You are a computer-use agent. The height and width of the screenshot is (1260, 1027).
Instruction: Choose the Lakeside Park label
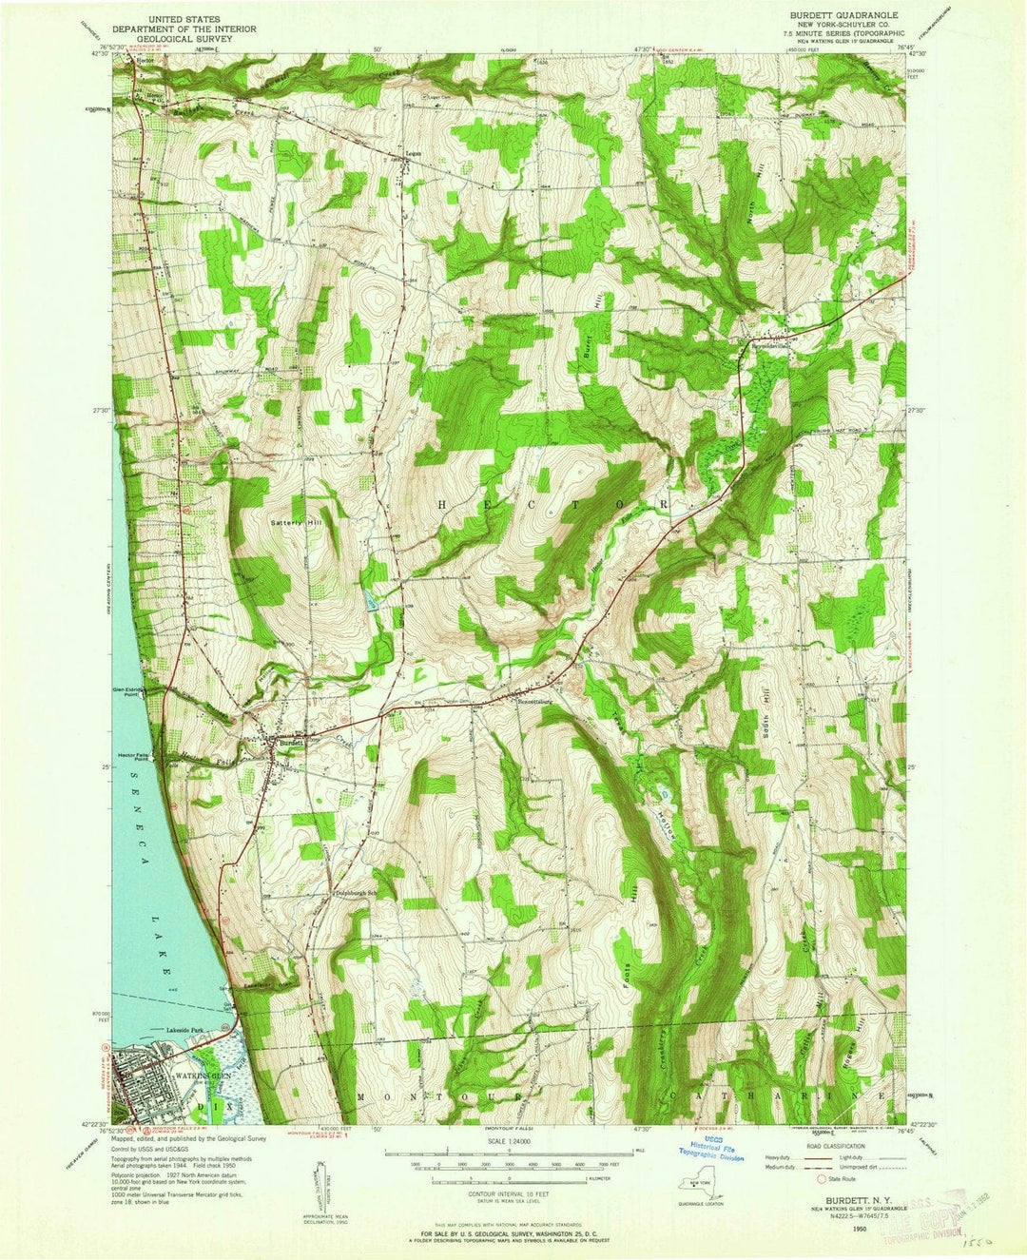[x=186, y=1030]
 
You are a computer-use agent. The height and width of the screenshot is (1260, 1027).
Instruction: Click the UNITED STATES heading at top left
[x=184, y=16]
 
